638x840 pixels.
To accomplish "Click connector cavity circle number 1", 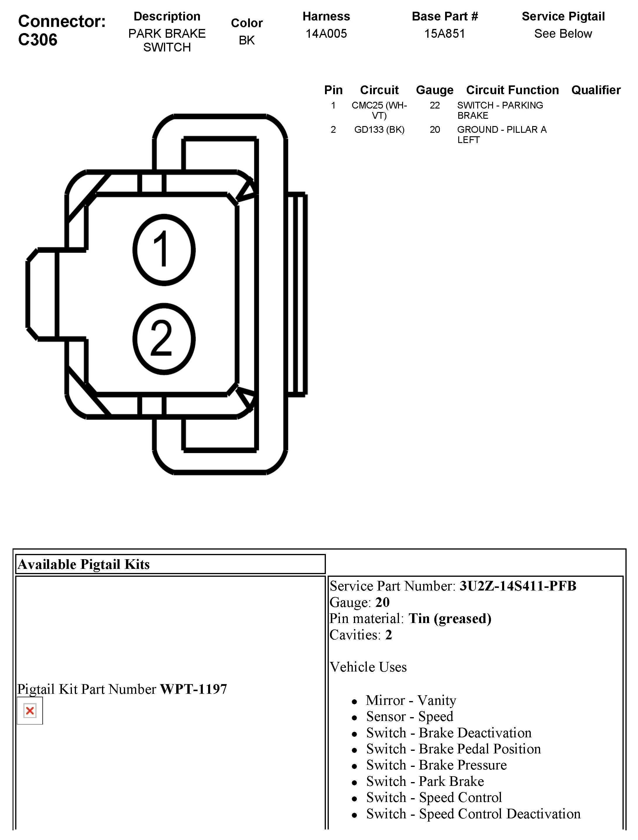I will [164, 250].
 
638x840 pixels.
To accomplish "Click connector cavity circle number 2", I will [164, 339].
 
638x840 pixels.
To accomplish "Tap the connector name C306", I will [38, 39].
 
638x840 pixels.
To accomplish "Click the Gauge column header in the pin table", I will [435, 90].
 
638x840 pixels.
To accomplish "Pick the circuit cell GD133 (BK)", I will [379, 130].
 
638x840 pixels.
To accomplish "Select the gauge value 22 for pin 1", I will [435, 105].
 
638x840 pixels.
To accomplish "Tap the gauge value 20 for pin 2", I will [435, 130].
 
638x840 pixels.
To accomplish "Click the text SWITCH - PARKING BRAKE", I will [499, 110].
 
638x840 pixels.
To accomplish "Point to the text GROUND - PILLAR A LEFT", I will [501, 135].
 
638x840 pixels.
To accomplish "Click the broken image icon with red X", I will [30, 710].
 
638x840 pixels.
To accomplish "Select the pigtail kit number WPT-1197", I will [193, 689].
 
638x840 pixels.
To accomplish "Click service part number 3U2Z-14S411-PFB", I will [518, 586].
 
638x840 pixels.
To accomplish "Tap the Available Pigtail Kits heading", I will [84, 564].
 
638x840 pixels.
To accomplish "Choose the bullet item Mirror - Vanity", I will [411, 700].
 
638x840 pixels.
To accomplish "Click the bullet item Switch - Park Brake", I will [425, 781].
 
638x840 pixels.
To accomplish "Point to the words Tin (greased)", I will [449, 618].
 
